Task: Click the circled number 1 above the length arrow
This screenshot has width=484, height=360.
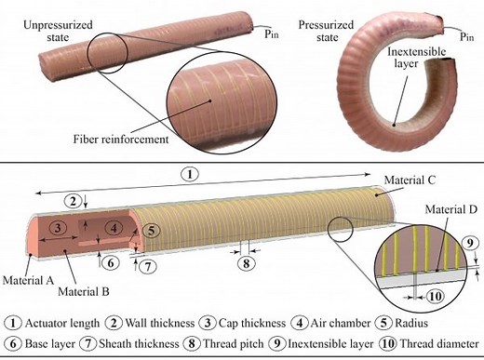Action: point(189,174)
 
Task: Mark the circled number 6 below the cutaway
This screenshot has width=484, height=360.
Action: point(110,263)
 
